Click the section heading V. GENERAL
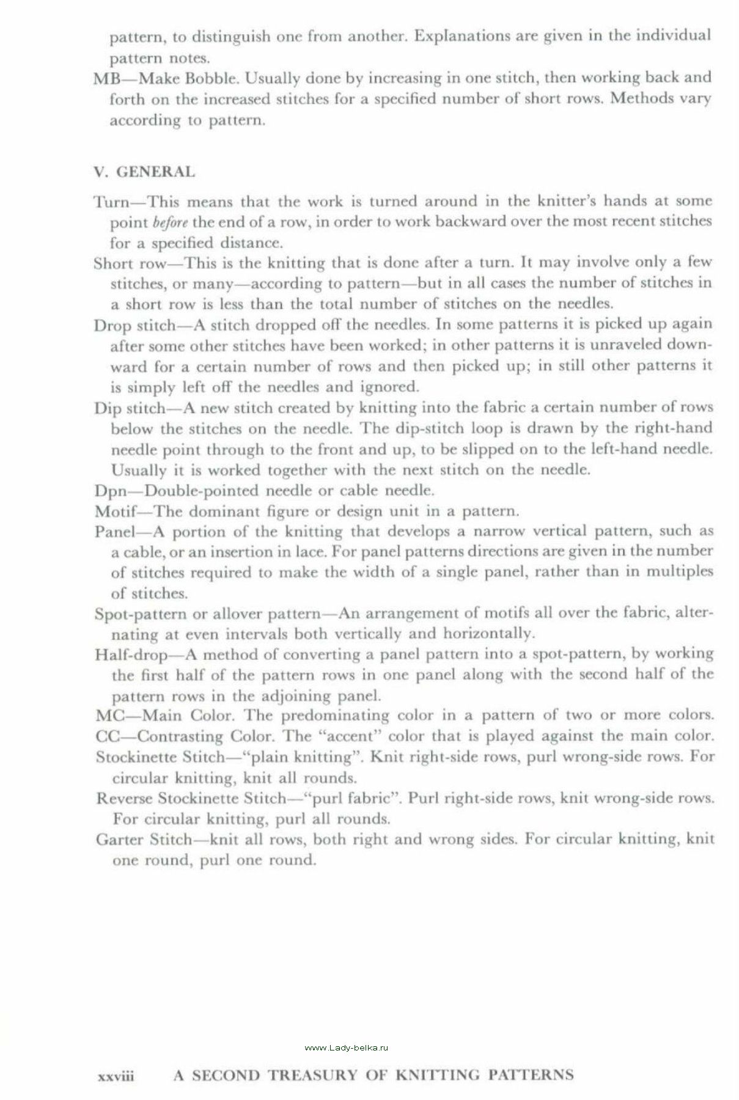(144, 172)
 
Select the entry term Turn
(109, 201)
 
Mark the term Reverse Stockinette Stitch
(191, 798)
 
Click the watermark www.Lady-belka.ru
(347, 1047)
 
